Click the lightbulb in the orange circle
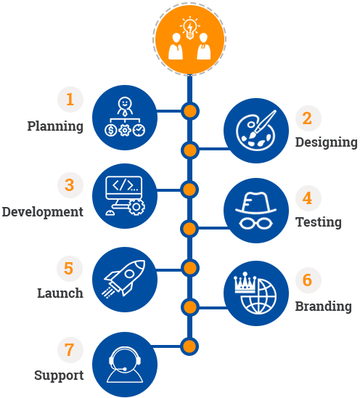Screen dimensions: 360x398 (x=189, y=27)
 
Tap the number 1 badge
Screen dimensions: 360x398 (x=70, y=99)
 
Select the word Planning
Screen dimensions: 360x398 (x=55, y=126)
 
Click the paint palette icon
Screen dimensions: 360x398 (x=255, y=131)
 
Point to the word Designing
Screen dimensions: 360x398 (x=327, y=142)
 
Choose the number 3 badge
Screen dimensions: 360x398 (x=70, y=184)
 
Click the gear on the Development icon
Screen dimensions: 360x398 (x=136, y=207)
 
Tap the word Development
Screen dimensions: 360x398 (x=43, y=212)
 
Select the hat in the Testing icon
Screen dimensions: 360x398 (x=255, y=203)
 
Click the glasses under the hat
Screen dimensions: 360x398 (x=255, y=224)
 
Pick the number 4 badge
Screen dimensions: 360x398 (x=308, y=198)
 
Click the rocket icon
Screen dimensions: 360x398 (x=124, y=278)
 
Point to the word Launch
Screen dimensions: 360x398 (x=60, y=293)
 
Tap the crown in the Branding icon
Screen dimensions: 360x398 (x=245, y=283)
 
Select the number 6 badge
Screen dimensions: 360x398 (x=308, y=280)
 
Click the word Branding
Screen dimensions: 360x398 (x=324, y=306)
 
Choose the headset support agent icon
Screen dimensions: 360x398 (x=125, y=365)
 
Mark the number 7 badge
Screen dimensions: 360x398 (x=70, y=350)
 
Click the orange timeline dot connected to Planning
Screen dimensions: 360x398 (x=189, y=111)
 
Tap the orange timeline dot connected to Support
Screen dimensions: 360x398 (x=189, y=346)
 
